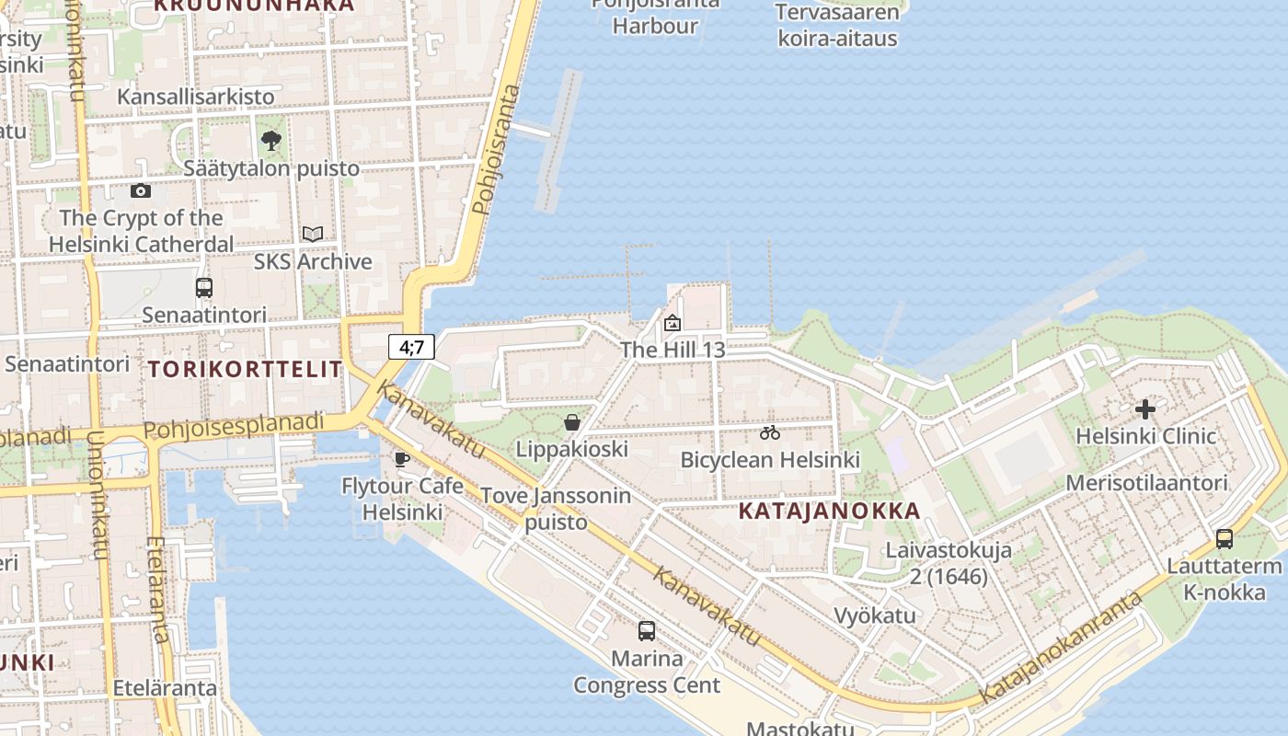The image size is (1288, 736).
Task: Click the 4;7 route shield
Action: tap(411, 347)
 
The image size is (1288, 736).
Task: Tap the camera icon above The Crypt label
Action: tap(141, 190)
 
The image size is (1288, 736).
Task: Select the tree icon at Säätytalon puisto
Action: tap(270, 141)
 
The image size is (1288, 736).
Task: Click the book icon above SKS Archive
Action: tap(313, 234)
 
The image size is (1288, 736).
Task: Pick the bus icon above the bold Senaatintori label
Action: tap(204, 288)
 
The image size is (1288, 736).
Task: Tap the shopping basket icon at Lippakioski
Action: tap(572, 422)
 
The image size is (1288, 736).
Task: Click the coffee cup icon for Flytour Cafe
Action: tap(401, 459)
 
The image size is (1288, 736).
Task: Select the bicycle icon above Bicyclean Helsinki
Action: tap(770, 432)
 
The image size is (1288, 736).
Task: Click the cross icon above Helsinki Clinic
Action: tap(1145, 408)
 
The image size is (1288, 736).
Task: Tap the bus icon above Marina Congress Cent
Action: tap(647, 631)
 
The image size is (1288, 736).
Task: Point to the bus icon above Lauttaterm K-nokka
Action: tap(1225, 539)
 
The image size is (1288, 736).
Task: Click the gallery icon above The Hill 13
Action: tap(673, 323)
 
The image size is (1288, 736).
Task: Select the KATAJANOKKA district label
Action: tap(829, 512)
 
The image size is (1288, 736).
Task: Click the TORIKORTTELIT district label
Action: tap(245, 370)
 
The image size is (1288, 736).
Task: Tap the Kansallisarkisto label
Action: tap(196, 97)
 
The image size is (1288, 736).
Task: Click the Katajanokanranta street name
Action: tap(1061, 649)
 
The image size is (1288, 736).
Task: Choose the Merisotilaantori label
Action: tap(1146, 483)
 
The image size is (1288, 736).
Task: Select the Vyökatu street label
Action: tap(875, 615)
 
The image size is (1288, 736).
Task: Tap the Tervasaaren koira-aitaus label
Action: tap(837, 26)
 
